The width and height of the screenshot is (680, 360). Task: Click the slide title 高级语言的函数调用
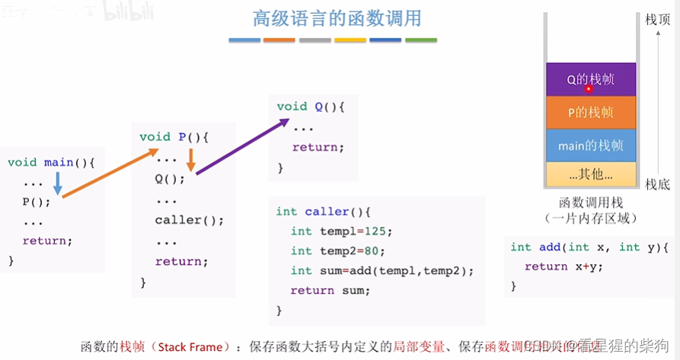[x=337, y=18]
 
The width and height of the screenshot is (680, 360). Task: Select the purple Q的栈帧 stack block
[x=590, y=79]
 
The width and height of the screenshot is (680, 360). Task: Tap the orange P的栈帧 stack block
[x=590, y=113]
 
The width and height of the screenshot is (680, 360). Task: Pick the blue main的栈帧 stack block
[x=590, y=145]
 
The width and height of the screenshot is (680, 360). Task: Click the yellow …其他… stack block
[x=590, y=174]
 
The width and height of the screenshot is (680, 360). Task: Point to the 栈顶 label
[x=657, y=20]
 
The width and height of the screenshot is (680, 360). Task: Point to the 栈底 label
[x=657, y=184]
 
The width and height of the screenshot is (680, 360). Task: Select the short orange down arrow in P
[x=191, y=160]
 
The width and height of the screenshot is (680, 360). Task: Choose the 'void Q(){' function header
[x=311, y=107]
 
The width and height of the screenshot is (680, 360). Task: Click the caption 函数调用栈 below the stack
[x=590, y=203]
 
